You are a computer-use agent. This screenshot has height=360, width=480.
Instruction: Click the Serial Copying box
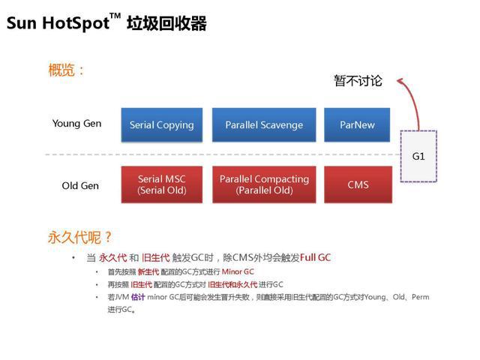[161, 125]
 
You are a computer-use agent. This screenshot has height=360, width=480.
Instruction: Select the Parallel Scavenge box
[264, 125]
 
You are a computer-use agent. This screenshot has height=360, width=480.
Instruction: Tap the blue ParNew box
[357, 125]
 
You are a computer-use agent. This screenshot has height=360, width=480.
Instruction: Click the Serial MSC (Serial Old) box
[161, 184]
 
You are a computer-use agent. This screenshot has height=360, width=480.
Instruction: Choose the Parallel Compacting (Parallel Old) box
[264, 184]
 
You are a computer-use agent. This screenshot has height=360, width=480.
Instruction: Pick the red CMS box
[357, 184]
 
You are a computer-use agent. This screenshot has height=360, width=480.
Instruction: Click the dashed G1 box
[418, 156]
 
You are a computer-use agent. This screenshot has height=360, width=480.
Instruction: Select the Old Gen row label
[80, 185]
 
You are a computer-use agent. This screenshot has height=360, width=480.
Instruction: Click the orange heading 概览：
[67, 71]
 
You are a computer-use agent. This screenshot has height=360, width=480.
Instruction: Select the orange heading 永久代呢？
[80, 238]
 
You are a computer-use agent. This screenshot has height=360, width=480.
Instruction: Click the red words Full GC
[315, 257]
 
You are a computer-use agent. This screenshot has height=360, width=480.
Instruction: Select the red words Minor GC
[237, 271]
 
